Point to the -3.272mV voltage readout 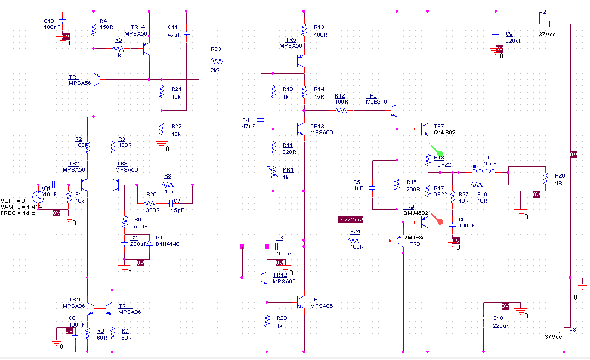[351, 219]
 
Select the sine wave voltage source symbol [39, 196]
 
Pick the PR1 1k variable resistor [273, 173]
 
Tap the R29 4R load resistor [546, 179]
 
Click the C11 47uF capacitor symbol [187, 33]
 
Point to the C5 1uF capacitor [372, 187]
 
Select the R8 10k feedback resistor [168, 185]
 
